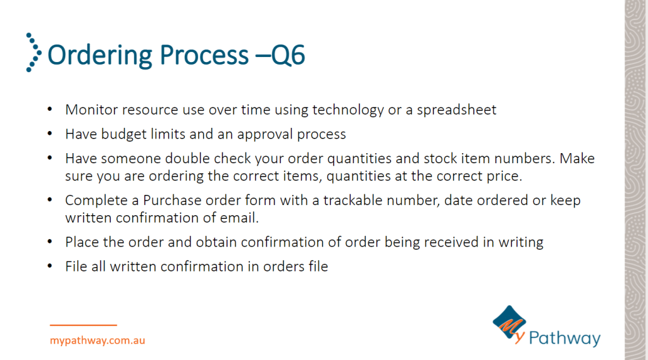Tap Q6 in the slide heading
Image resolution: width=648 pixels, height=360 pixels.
pos(289,55)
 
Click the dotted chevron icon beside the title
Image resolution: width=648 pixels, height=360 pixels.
pos(34,53)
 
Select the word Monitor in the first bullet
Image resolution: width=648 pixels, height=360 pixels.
pos(91,109)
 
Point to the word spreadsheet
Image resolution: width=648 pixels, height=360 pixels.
pos(456,110)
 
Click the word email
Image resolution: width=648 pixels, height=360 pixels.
pos(239,218)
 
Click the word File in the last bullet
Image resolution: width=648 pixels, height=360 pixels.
pos(76,266)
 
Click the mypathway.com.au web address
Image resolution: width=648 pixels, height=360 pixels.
pos(97,340)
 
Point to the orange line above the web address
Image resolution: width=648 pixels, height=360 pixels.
pos(84,325)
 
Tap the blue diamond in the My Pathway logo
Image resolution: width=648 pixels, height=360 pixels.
pos(509,323)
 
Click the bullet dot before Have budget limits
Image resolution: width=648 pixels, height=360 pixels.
pos(49,133)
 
